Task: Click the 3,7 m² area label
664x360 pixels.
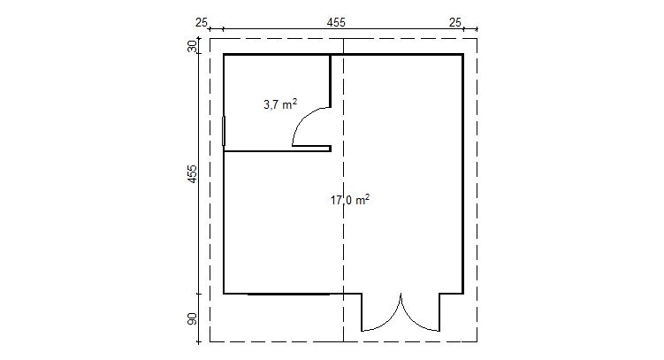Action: click(x=280, y=104)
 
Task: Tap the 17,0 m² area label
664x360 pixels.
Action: click(x=350, y=200)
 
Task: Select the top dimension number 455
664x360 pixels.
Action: click(x=336, y=22)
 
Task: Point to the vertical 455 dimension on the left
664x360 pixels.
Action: click(x=193, y=173)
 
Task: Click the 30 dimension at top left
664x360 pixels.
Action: click(x=193, y=46)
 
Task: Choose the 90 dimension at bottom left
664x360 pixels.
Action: click(x=193, y=318)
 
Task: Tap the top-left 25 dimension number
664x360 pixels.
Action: click(x=202, y=22)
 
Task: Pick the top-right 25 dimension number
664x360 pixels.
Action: click(x=455, y=22)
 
